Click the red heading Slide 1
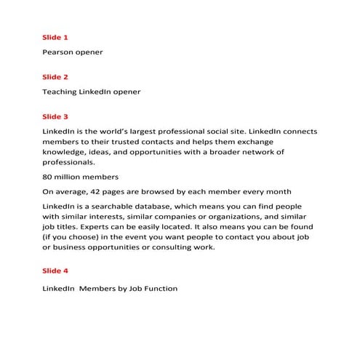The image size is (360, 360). [55, 36]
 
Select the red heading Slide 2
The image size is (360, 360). [55, 76]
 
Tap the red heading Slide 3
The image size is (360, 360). [55, 116]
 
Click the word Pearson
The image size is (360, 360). [60, 52]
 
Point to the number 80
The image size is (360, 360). [48, 177]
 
